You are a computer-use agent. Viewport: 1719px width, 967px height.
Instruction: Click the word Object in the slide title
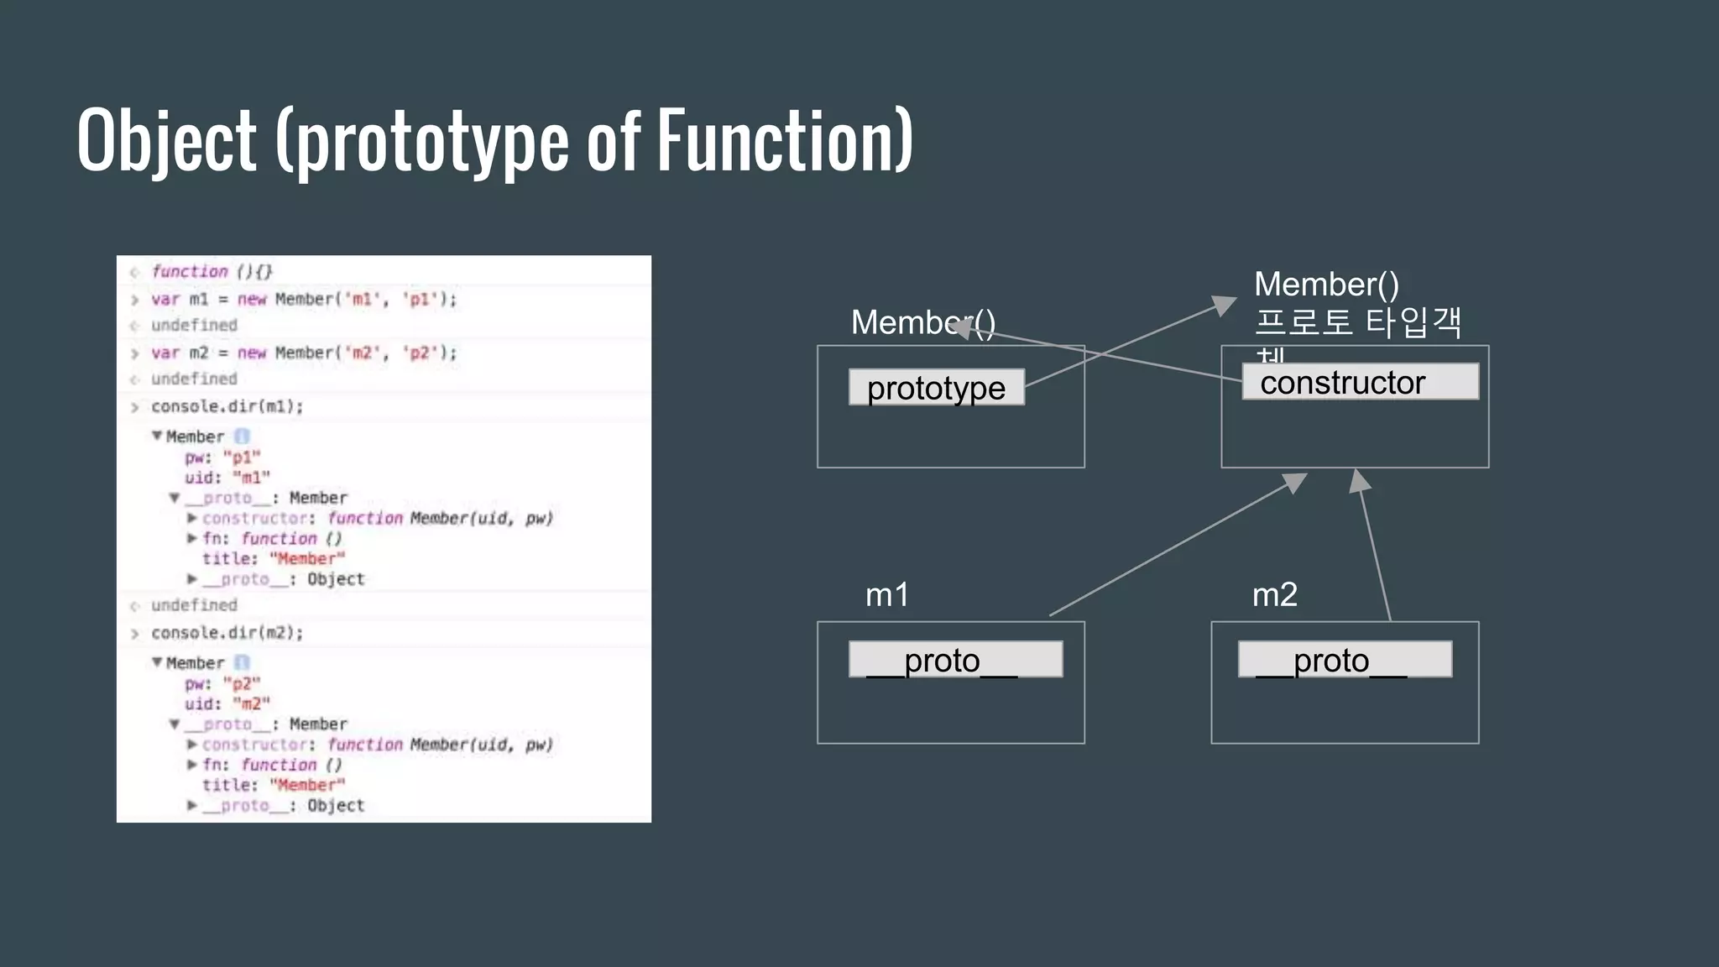[166, 141]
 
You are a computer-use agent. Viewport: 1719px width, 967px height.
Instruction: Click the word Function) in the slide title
[784, 141]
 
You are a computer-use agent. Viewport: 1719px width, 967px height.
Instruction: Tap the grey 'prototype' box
[936, 388]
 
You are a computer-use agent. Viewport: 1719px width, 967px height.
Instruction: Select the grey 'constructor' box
[1360, 382]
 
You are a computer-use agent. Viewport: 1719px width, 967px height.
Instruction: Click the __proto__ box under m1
[955, 660]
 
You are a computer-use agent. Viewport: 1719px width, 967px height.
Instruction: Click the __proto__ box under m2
[1345, 660]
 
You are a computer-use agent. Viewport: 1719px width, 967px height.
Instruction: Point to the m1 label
[887, 595]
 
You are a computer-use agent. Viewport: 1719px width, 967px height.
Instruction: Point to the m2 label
[1274, 595]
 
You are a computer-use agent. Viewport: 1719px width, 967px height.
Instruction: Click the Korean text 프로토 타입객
[1358, 322]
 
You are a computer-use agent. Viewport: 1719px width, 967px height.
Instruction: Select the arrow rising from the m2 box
[1375, 546]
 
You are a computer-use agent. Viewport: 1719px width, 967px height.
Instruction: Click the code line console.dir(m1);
[227, 407]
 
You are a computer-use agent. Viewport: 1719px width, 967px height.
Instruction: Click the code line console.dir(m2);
[227, 633]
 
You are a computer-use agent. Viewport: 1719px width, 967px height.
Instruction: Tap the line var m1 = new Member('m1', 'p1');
[304, 300]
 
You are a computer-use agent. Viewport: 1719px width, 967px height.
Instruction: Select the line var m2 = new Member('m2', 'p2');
[304, 353]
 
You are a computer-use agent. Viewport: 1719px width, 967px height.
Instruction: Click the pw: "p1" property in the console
[222, 457]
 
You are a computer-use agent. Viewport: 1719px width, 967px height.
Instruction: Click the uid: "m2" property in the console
[227, 704]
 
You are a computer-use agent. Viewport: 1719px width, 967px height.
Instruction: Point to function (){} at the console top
[212, 272]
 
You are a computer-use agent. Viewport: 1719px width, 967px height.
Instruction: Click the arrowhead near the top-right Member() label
[1225, 305]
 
